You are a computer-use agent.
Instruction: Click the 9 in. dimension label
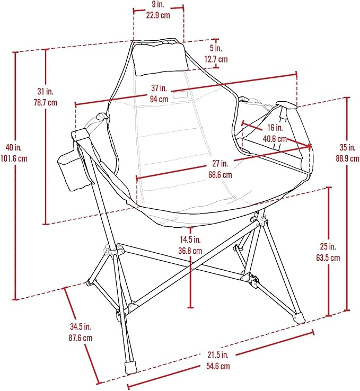coord(158,4)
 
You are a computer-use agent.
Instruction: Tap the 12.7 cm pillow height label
coord(216,59)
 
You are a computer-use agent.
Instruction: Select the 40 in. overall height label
coord(14,147)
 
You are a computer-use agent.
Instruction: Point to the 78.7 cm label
coord(46,102)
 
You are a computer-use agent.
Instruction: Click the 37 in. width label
coord(159,88)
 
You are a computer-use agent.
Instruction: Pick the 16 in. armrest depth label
coord(275,128)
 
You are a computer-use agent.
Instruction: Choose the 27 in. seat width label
coord(220,164)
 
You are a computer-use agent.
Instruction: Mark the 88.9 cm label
coord(347,158)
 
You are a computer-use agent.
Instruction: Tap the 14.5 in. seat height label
coord(190,239)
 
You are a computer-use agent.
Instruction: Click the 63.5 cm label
coord(328,257)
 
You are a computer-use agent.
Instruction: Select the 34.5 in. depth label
coord(81,326)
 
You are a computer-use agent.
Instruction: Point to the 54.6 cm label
coord(218,366)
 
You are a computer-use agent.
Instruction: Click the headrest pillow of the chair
coord(161,58)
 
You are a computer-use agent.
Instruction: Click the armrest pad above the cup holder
coord(81,135)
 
